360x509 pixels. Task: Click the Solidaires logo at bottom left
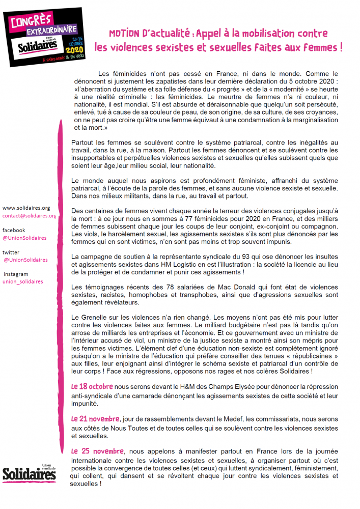(x=29, y=473)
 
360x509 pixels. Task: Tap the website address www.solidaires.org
(x=26, y=208)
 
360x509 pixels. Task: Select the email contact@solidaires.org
(x=30, y=216)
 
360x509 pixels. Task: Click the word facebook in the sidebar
(x=14, y=230)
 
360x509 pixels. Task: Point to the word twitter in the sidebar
(x=11, y=252)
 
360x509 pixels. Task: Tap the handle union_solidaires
(x=23, y=281)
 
